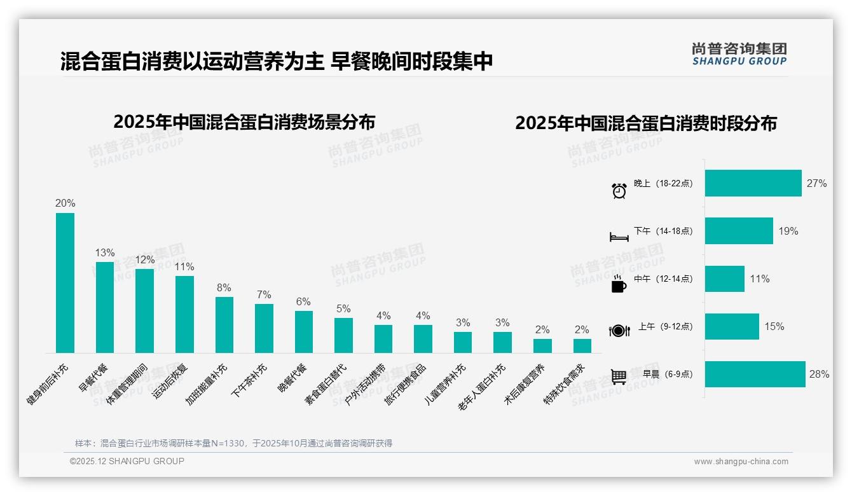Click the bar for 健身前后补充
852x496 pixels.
[65, 283]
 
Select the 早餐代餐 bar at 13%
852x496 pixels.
[105, 307]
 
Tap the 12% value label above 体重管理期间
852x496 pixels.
[144, 259]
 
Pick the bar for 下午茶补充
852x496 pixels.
[264, 328]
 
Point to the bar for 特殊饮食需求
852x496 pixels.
[582, 346]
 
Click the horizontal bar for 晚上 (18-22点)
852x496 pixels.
[753, 183]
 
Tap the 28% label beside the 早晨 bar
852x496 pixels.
[819, 375]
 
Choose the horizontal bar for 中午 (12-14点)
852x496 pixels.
[724, 279]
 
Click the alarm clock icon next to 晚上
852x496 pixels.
[619, 190]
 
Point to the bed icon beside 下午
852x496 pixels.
[619, 237]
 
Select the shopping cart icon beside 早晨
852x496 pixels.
[619, 377]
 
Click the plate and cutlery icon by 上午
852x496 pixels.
[619, 331]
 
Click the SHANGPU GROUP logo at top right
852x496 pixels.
[739, 54]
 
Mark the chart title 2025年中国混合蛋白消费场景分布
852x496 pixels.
[244, 121]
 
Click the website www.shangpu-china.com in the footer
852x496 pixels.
[741, 462]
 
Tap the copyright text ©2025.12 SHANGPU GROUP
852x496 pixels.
[127, 461]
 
